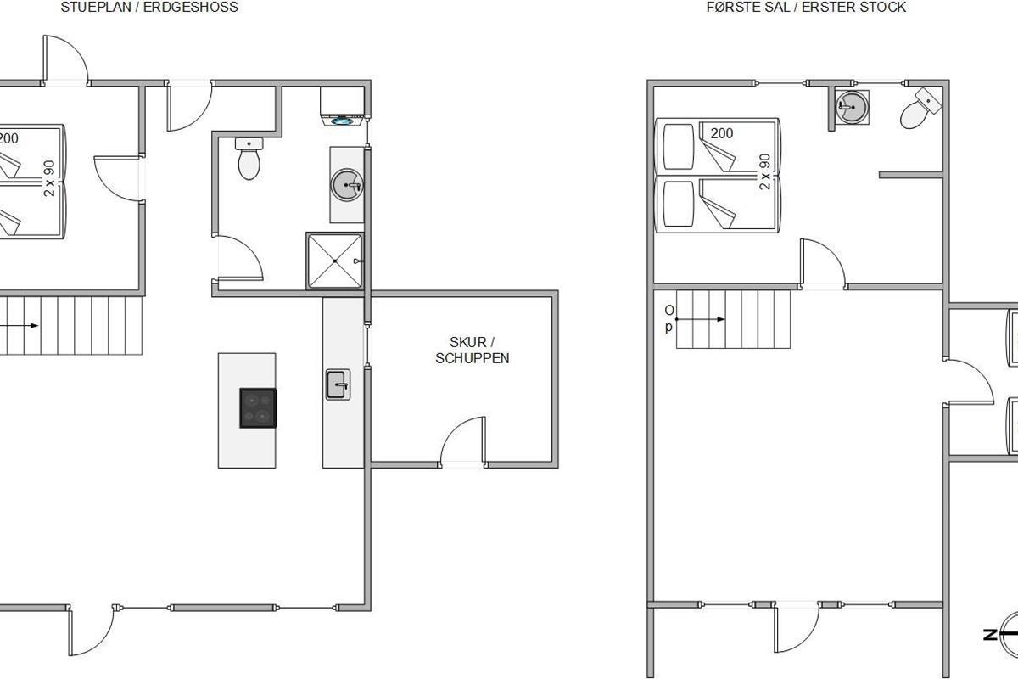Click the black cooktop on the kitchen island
pyautogui.click(x=258, y=408)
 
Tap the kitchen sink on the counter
pyautogui.click(x=338, y=384)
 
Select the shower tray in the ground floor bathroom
pyautogui.click(x=335, y=261)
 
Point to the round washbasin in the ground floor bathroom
pyautogui.click(x=348, y=185)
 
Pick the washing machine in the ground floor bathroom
pyautogui.click(x=343, y=106)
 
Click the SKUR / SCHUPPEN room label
pyautogui.click(x=473, y=351)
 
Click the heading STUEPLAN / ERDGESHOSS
pyautogui.click(x=149, y=8)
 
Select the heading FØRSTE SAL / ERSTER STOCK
pyautogui.click(x=806, y=8)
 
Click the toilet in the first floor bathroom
pyautogui.click(x=920, y=109)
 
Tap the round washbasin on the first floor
pyautogui.click(x=853, y=107)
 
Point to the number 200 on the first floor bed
pyautogui.click(x=722, y=133)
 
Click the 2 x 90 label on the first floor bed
pyautogui.click(x=765, y=172)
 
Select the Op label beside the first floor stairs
pyautogui.click(x=669, y=318)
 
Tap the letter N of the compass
pyautogui.click(x=989, y=634)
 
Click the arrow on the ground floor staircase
pyautogui.click(x=19, y=325)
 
